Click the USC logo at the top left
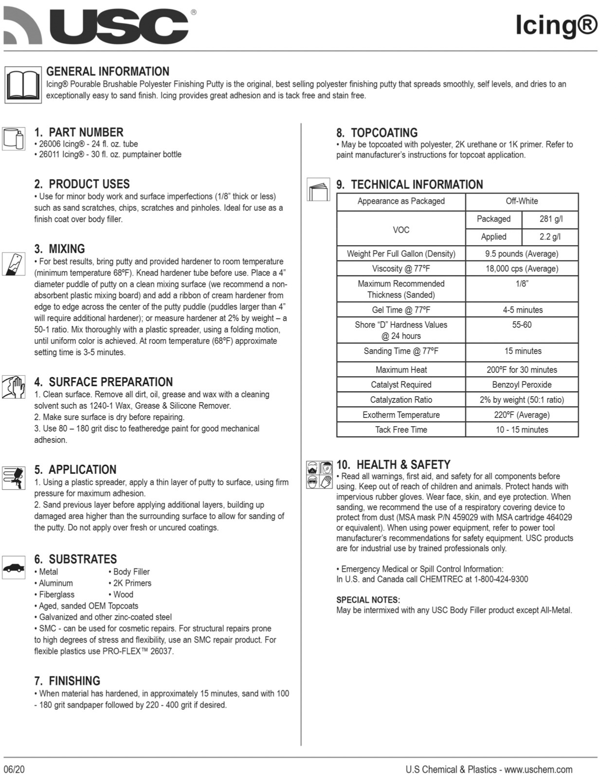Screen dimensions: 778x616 [x=97, y=25]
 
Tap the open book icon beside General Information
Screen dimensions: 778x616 [x=23, y=85]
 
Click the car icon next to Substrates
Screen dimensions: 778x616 [x=14, y=567]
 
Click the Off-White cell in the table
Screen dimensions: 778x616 [x=522, y=201]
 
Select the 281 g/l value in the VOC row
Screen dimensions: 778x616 [x=551, y=219]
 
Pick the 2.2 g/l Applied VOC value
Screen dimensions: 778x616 [x=550, y=237]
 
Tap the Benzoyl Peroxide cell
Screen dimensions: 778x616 [x=522, y=385]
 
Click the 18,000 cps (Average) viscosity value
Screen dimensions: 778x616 [x=522, y=269]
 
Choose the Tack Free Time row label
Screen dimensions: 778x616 [x=401, y=430]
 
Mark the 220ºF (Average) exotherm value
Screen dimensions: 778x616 [x=522, y=415]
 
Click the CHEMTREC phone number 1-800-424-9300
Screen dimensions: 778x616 [x=501, y=579]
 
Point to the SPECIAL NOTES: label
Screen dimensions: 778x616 [x=368, y=600]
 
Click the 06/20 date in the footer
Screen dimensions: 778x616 [x=14, y=769]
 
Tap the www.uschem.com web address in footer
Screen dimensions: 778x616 [x=538, y=770]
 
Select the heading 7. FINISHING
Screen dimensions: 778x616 [x=67, y=681]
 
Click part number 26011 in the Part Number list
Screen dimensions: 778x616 [x=50, y=155]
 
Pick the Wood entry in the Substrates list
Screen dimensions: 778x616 [x=123, y=595]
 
